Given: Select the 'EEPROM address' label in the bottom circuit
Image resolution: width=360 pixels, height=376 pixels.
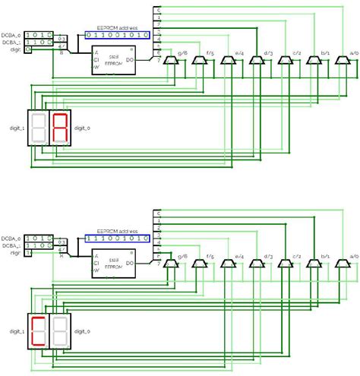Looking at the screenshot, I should pos(117,230).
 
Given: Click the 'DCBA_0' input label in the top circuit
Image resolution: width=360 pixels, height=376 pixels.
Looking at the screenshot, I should pos(11,34).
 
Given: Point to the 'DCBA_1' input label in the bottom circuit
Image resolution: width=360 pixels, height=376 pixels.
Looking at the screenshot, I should pos(11,245).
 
